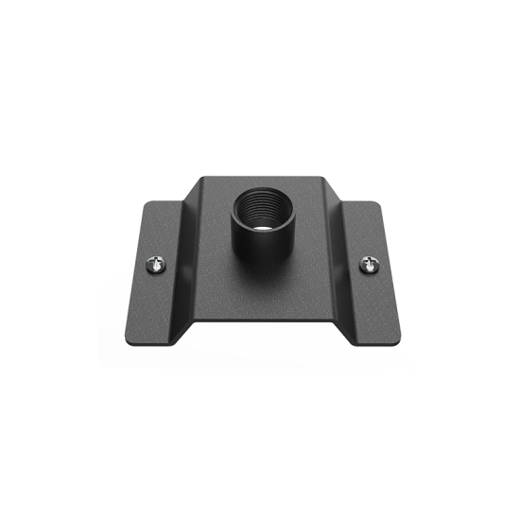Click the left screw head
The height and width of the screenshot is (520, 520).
pos(155,267)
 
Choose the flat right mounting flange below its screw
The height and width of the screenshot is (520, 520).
pos(373,303)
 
